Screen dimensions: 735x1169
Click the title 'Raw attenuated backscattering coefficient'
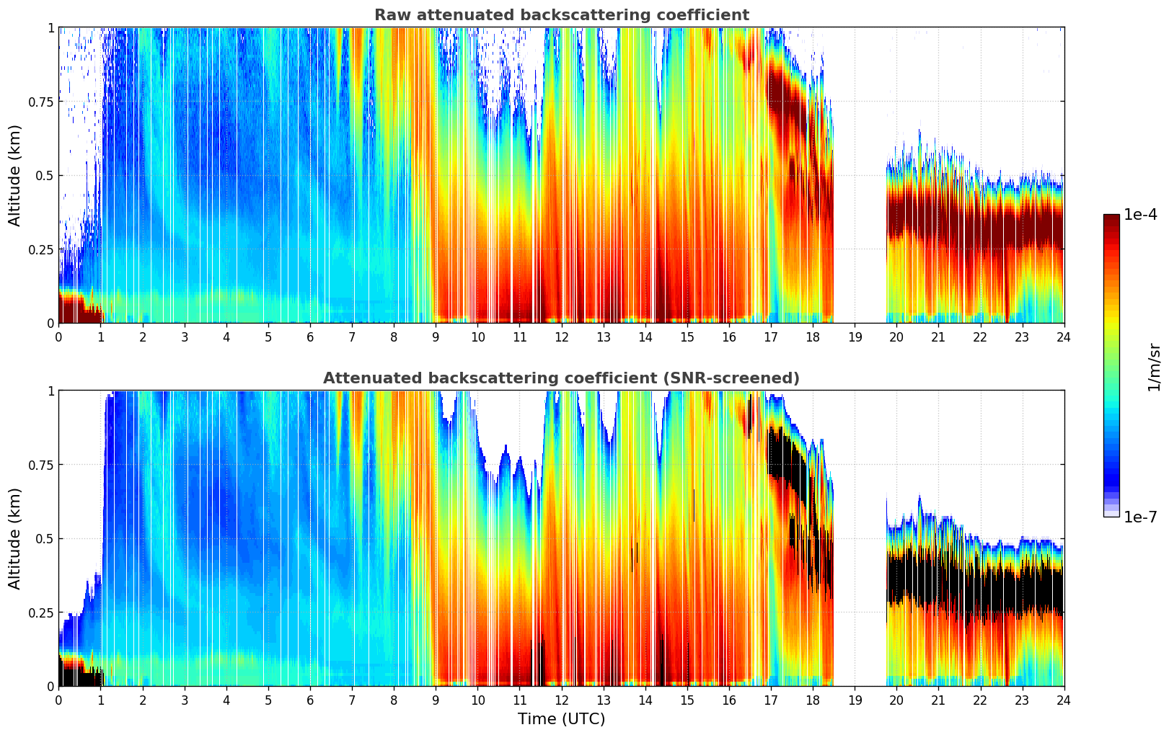point(561,15)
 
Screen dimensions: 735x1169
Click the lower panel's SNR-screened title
point(561,378)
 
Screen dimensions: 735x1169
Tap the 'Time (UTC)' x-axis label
point(561,719)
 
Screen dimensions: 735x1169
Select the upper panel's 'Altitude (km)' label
point(15,175)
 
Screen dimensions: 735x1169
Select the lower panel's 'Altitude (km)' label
point(15,538)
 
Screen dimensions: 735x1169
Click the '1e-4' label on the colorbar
point(1140,215)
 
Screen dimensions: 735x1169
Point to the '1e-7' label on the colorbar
point(1140,517)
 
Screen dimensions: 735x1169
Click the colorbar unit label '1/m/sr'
point(1154,367)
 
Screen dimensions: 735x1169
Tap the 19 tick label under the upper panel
point(855,337)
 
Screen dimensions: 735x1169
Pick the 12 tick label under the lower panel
point(561,700)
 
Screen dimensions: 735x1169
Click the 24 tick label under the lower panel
point(1064,700)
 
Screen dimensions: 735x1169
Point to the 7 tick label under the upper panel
point(352,337)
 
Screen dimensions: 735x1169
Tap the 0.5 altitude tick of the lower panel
point(45,538)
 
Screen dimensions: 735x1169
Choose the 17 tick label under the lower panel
point(771,700)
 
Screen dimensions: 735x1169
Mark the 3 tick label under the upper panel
point(185,337)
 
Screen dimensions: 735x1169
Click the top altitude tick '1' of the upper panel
point(50,27)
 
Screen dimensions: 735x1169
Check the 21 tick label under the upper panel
point(938,337)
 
